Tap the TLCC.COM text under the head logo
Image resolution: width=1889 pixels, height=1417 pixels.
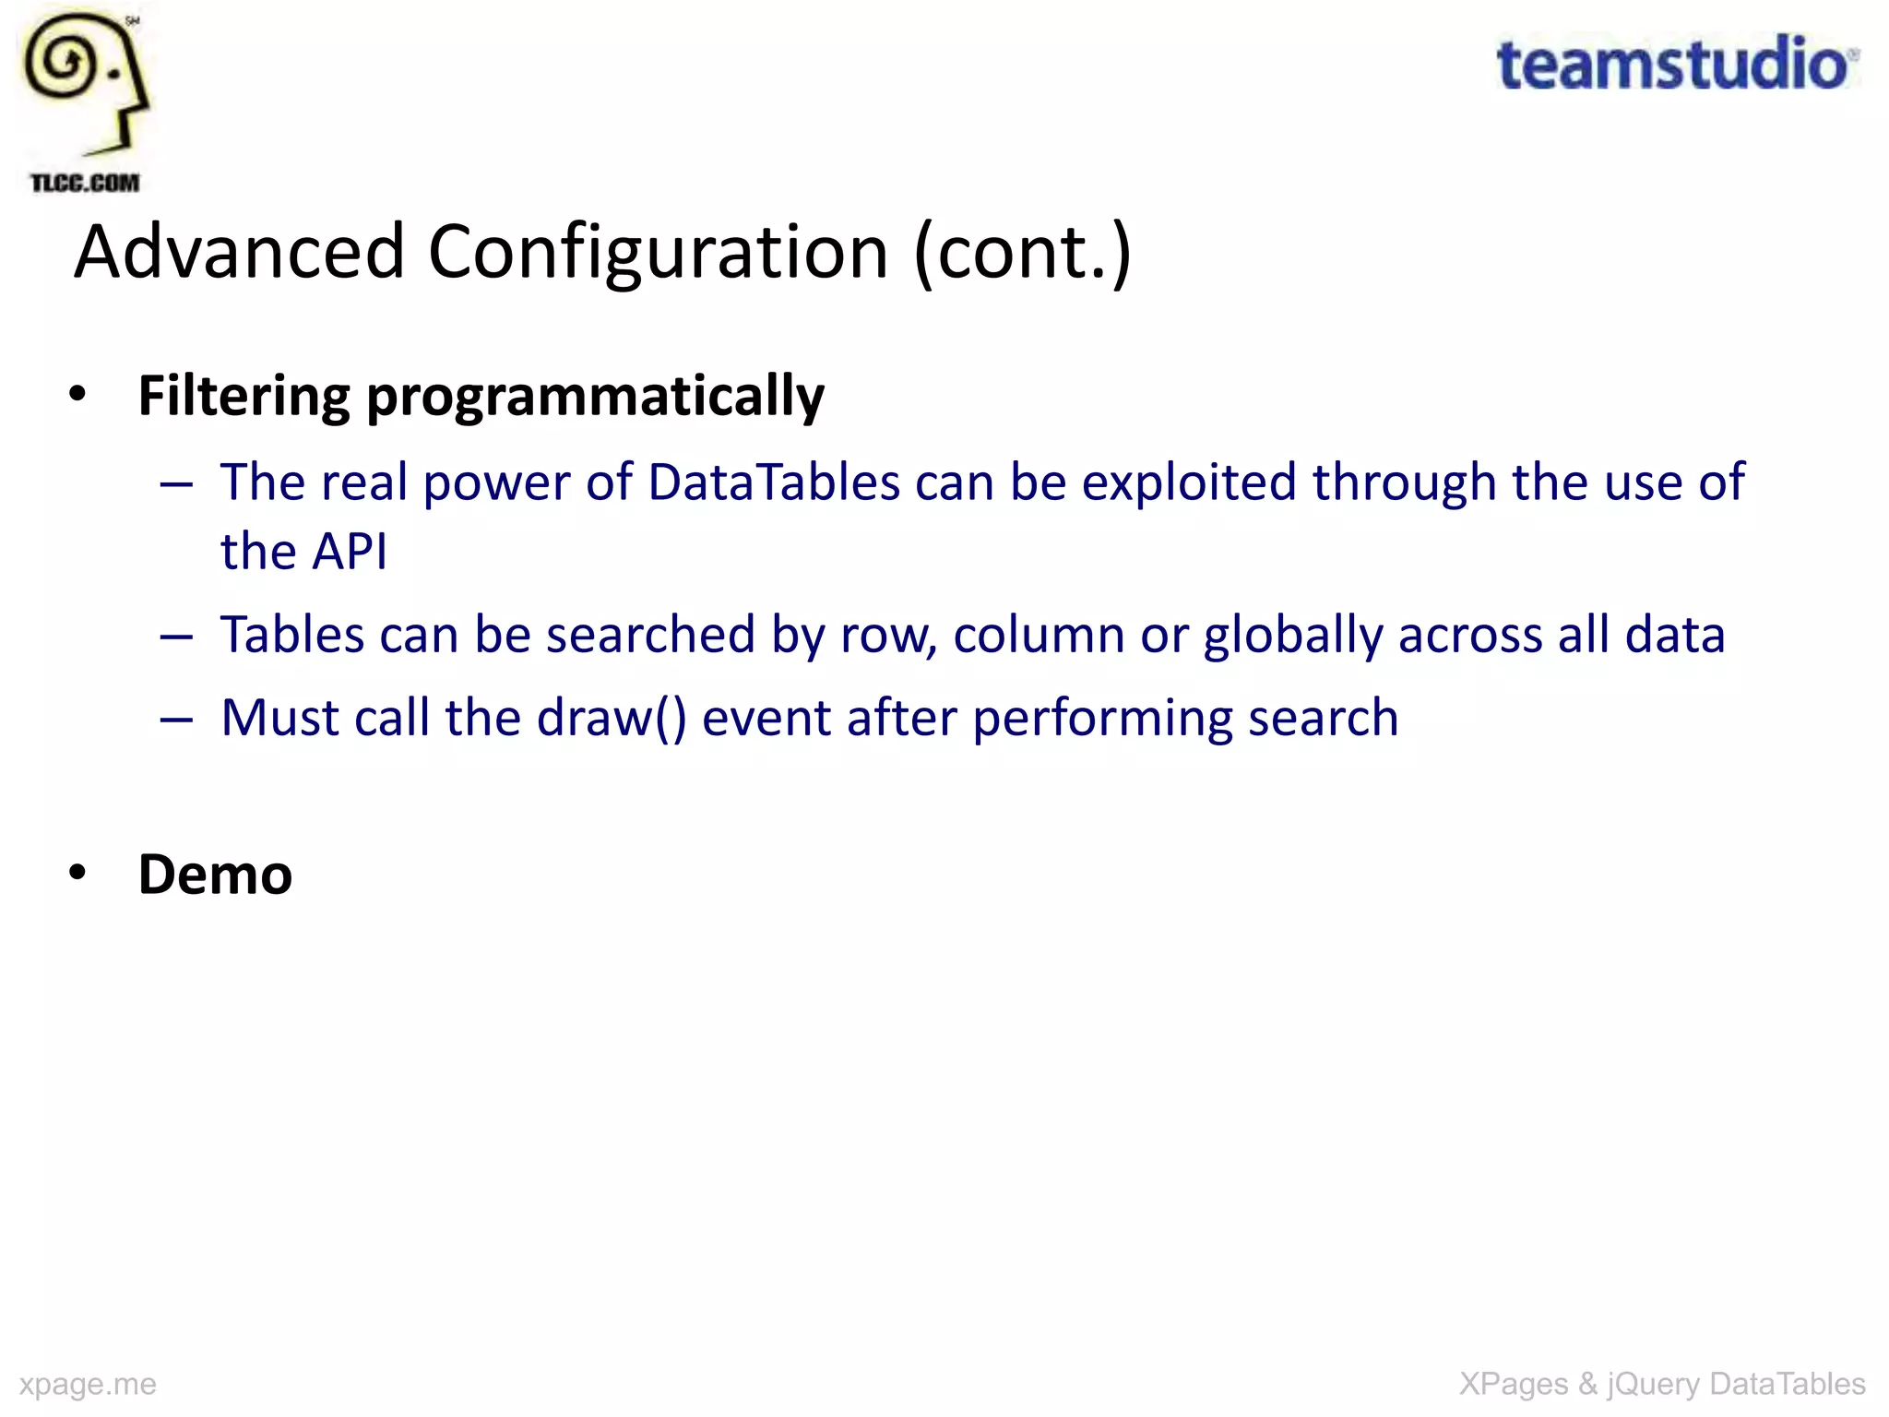point(85,183)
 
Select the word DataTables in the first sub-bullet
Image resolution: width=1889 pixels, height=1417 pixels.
point(773,482)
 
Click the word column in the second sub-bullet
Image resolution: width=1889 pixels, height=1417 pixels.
point(1038,635)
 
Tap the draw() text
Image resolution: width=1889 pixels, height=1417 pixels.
point(612,718)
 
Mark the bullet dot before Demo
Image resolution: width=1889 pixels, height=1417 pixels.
point(77,872)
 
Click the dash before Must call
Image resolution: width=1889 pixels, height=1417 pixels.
point(175,720)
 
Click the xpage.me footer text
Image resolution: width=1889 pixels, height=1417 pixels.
point(88,1384)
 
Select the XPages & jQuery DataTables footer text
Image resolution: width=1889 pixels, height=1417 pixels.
point(1662,1384)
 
